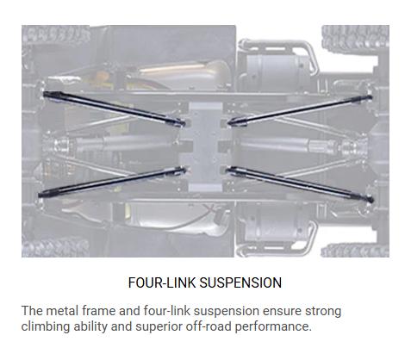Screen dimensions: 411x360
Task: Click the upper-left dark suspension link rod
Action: tap(114, 109)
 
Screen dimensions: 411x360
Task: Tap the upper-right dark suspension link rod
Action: tap(300, 110)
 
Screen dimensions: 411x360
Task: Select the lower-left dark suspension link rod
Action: tap(112, 182)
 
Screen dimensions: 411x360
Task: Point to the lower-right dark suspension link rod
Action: tap(300, 183)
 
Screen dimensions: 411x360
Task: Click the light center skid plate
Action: tap(205, 147)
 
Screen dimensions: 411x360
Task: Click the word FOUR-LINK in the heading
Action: tap(162, 282)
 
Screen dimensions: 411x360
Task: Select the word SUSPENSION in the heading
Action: tap(240, 282)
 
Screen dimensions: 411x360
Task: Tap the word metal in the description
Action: tap(62, 311)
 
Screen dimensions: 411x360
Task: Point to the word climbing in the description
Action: tap(46, 326)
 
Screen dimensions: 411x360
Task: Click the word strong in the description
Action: tap(323, 312)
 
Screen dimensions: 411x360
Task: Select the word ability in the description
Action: tap(90, 326)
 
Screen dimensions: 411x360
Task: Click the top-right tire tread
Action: tap(355, 38)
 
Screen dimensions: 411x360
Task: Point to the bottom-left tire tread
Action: tap(55, 247)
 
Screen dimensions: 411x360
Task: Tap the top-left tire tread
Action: tap(56, 35)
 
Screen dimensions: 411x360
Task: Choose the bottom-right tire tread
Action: tap(355, 250)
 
